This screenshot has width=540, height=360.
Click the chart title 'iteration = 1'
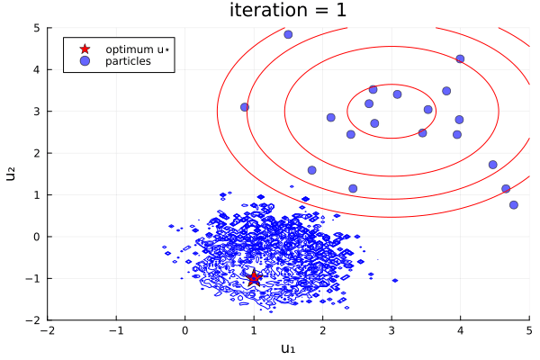[288, 11]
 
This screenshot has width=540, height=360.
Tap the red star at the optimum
[254, 277]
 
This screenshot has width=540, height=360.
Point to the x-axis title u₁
[288, 348]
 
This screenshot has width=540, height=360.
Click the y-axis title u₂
[12, 174]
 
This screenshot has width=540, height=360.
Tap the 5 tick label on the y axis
[36, 28]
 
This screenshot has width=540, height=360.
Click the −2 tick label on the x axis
[48, 330]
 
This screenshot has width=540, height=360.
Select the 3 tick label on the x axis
[391, 330]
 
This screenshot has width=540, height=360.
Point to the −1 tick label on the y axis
[33, 278]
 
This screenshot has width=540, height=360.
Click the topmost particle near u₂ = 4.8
[288, 34]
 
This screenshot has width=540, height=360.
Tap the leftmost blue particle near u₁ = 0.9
[245, 107]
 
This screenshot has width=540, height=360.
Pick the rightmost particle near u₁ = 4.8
[514, 204]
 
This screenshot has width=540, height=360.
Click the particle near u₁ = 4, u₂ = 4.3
[460, 58]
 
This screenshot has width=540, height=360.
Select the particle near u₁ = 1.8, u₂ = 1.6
[311, 170]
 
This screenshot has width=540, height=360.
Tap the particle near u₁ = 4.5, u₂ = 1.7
[492, 165]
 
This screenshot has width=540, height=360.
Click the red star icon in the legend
[85, 49]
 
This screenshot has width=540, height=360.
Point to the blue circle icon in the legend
[85, 61]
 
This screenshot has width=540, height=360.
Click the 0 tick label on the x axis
[185, 330]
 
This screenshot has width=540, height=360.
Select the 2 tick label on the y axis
[36, 153]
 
